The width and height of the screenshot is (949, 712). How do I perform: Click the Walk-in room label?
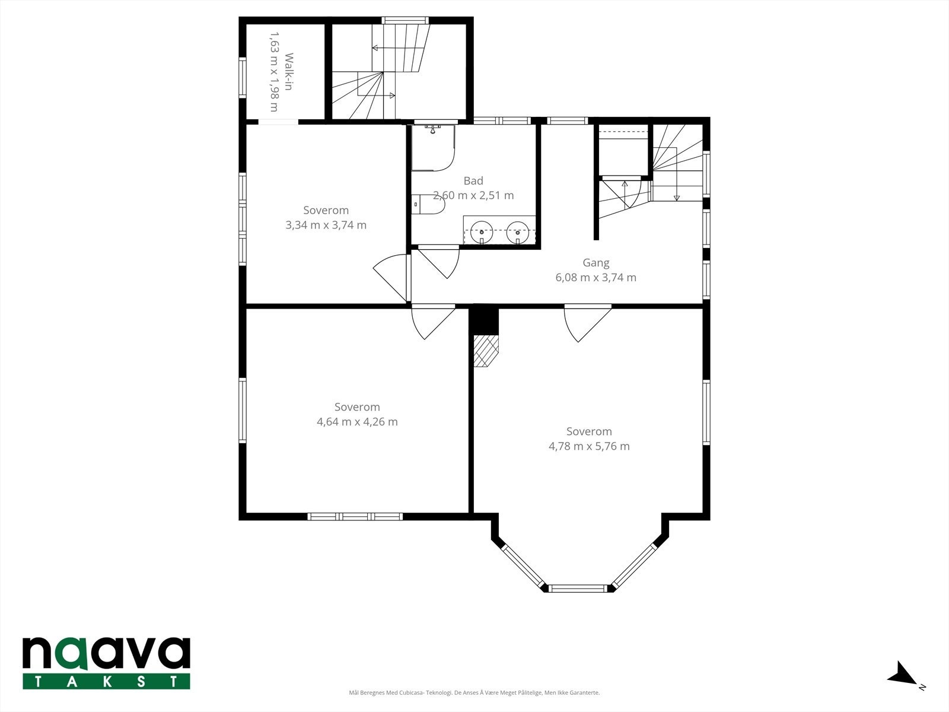[289, 72]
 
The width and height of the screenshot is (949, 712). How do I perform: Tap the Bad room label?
[473, 181]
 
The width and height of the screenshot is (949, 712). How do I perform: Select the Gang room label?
[595, 263]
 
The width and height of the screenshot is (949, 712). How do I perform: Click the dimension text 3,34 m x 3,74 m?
[326, 225]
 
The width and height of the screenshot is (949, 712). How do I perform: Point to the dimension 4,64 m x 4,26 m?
[357, 421]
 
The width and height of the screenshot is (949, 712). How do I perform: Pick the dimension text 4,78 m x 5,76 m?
[589, 446]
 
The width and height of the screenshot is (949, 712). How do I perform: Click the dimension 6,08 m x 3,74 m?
[595, 277]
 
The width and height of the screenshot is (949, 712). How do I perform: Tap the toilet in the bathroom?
[428, 204]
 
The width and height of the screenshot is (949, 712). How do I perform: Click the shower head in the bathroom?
[432, 129]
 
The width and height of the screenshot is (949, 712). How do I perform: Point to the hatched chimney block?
[486, 351]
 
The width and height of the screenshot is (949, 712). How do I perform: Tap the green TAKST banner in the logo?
[106, 682]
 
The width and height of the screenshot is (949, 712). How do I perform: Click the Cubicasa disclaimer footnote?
[474, 692]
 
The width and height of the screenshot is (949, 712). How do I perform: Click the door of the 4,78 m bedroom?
[588, 323]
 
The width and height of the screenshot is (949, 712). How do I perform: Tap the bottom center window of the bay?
[578, 588]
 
